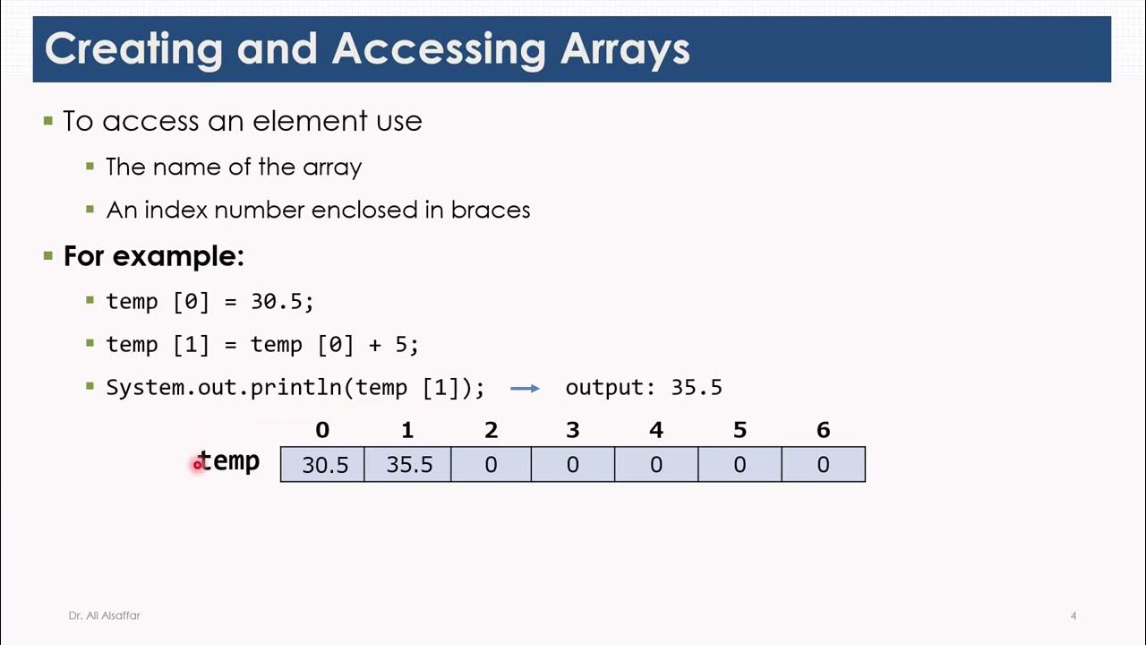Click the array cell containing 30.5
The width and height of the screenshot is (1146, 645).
click(x=322, y=465)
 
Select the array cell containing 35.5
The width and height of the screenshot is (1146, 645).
click(x=408, y=465)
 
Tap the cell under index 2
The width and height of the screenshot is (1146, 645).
click(x=491, y=465)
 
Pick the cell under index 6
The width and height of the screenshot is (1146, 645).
click(x=823, y=465)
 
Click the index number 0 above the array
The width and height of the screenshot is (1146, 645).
click(x=322, y=431)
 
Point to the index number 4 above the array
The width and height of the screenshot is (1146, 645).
click(x=656, y=431)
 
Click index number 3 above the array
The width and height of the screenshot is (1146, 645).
click(x=573, y=431)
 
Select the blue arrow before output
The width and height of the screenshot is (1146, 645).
click(x=525, y=388)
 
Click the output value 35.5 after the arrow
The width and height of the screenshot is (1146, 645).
click(x=697, y=388)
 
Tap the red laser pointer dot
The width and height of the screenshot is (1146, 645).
click(x=197, y=465)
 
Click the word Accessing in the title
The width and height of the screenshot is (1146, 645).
click(x=438, y=49)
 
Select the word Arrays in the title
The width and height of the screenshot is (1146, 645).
click(x=625, y=49)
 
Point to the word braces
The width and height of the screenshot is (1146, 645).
click(x=491, y=210)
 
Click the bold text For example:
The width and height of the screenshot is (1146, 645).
click(x=153, y=256)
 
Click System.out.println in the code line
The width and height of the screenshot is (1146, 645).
click(x=228, y=388)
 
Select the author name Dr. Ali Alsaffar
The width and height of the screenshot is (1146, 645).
click(x=104, y=615)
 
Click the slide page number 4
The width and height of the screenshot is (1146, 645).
click(x=1073, y=615)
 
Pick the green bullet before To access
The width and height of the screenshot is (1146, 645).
click(x=48, y=120)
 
